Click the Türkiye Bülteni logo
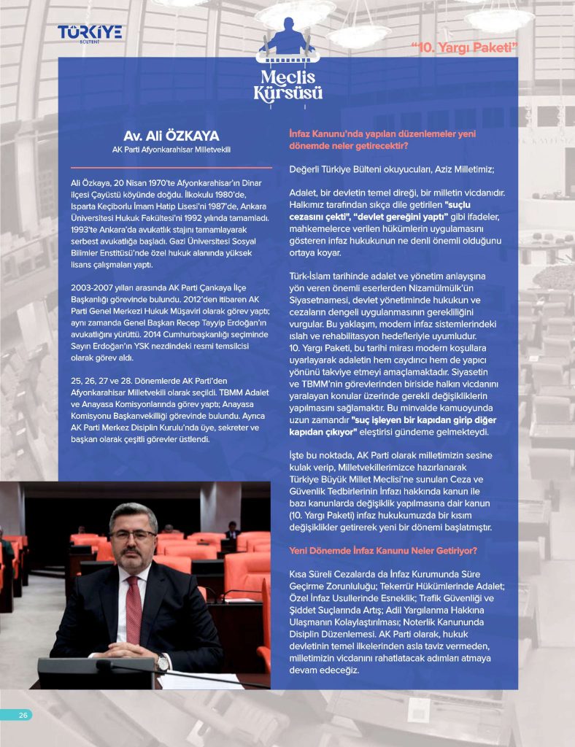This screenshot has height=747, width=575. (90, 33)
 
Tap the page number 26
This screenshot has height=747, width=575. (23, 715)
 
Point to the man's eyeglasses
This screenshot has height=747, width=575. (134, 534)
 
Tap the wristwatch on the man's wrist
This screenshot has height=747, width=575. (163, 662)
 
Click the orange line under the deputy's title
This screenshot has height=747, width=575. (171, 167)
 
